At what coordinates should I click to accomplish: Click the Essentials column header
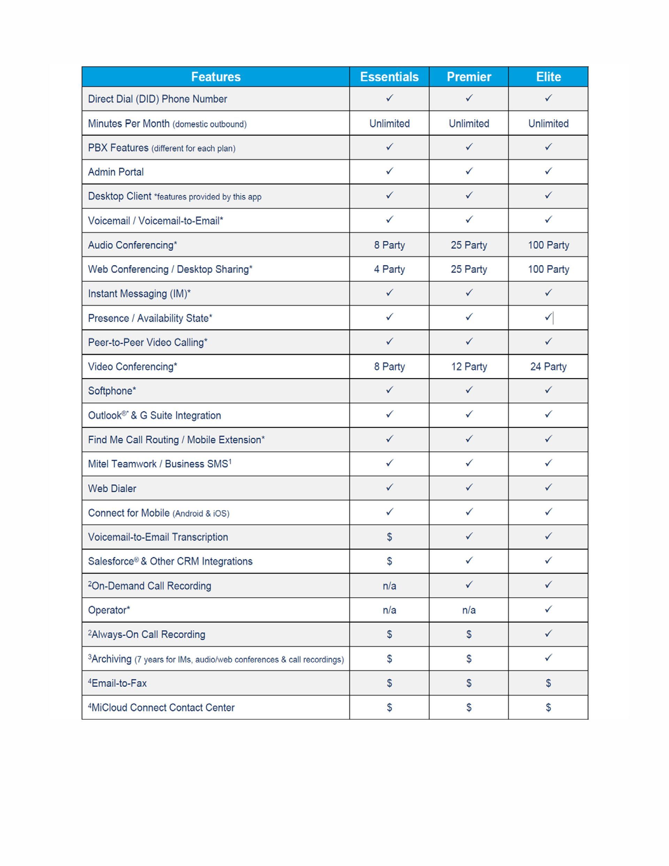click(389, 77)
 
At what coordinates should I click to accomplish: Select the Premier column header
click(469, 77)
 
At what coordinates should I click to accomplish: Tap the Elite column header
click(548, 77)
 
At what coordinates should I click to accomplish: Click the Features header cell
click(216, 77)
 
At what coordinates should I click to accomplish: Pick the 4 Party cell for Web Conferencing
click(389, 269)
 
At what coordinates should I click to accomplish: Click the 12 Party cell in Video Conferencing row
click(469, 366)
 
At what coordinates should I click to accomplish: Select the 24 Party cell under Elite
click(548, 366)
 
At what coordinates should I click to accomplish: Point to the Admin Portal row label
click(116, 172)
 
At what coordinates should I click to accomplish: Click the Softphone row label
click(112, 391)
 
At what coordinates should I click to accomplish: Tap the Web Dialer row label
click(112, 489)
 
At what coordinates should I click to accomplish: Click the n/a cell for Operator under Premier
click(469, 610)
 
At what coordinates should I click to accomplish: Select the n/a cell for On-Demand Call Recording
click(389, 586)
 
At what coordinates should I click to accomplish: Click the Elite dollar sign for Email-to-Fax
click(548, 683)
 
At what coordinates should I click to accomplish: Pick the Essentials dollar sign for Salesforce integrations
click(389, 561)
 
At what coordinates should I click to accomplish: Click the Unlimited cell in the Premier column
click(469, 124)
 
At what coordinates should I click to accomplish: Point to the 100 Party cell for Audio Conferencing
click(548, 245)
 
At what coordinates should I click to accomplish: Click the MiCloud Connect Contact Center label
click(161, 707)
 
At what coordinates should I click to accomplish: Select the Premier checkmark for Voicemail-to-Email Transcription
click(469, 536)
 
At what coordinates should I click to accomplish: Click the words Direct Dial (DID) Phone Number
click(157, 99)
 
